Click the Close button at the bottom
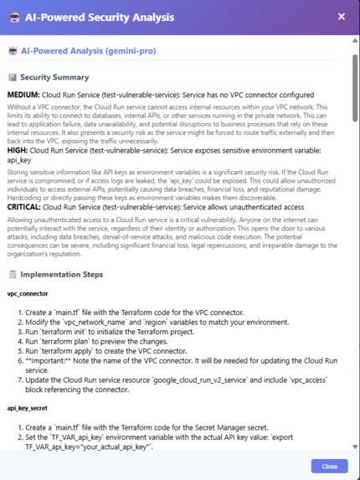pyautogui.click(x=329, y=466)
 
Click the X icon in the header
pyautogui.click(x=341, y=16)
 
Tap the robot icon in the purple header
pyautogui.click(x=14, y=17)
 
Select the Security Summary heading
pyautogui.click(x=54, y=77)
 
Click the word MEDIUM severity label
pyautogui.click(x=23, y=95)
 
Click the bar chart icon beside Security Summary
pyautogui.click(x=13, y=77)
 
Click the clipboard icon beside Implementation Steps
pyautogui.click(x=13, y=274)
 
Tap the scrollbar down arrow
pyautogui.click(x=355, y=447)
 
